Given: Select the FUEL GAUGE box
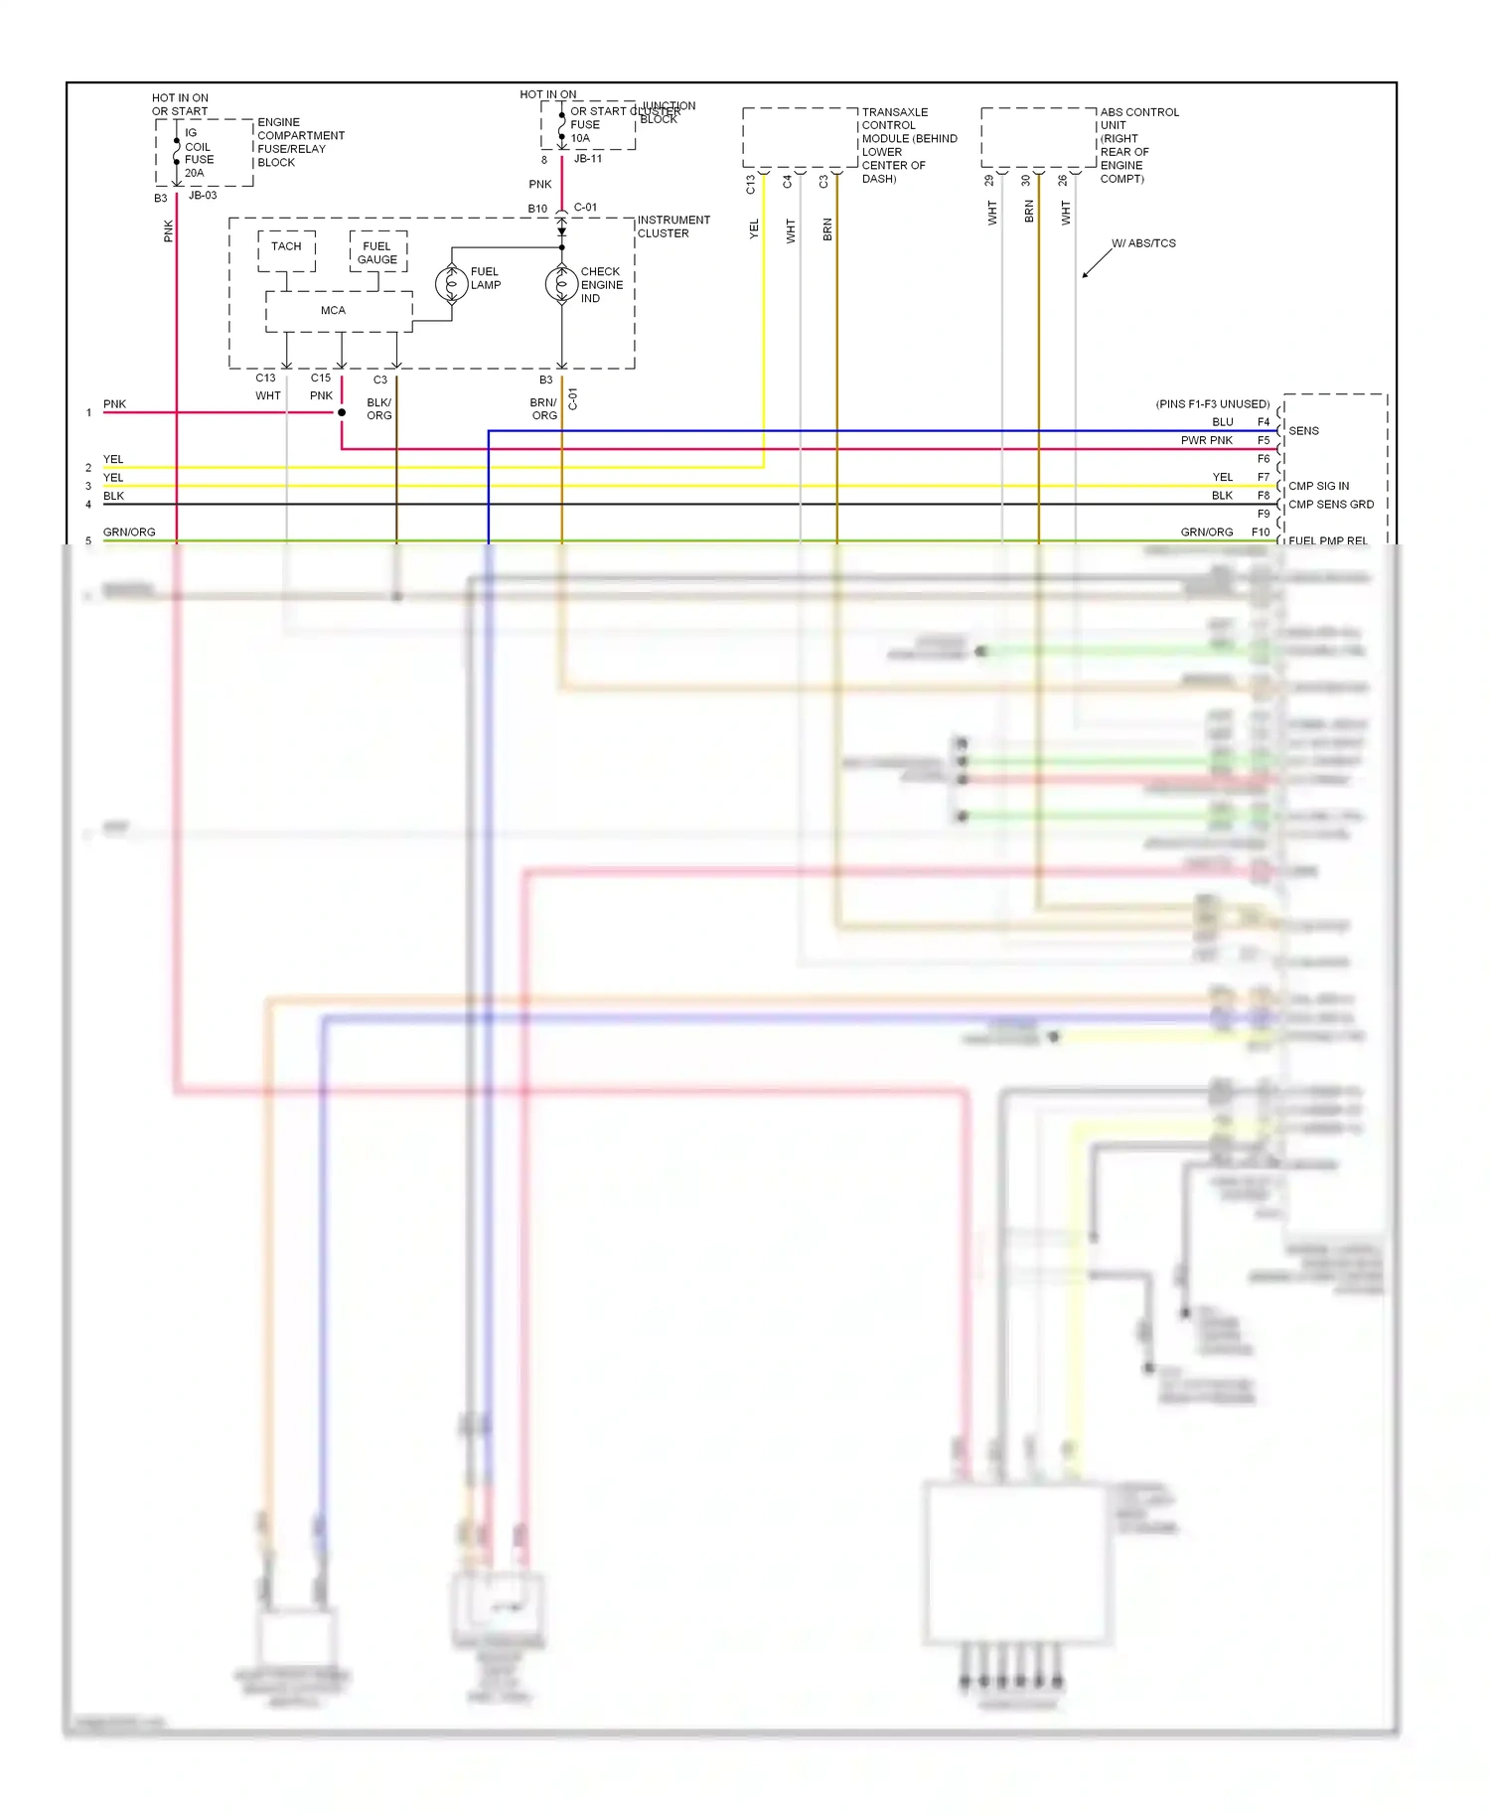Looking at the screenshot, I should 377,252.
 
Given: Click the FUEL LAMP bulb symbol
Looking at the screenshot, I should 452,284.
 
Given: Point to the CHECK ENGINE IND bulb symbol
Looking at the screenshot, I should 562,285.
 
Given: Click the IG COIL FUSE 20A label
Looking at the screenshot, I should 198,153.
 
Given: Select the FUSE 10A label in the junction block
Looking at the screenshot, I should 584,131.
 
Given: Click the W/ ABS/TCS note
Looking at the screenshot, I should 1143,243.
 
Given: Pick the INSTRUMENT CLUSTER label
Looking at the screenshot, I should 673,227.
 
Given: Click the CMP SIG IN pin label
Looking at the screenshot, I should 1318,486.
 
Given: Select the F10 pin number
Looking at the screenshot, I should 1260,532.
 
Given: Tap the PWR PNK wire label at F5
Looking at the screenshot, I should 1206,440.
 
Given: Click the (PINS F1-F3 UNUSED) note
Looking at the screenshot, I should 1212,404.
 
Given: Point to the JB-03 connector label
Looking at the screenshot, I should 203,196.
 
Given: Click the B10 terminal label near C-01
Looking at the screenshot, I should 537,209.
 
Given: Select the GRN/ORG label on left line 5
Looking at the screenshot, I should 129,532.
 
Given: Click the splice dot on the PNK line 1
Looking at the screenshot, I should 342,412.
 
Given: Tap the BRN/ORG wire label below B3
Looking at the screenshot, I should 543,409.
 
